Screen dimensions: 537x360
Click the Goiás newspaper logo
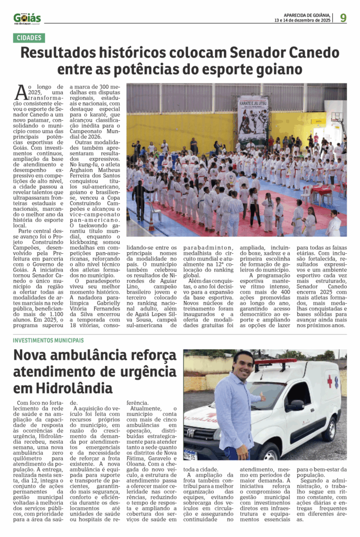[27, 18]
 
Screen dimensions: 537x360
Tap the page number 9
[343, 18]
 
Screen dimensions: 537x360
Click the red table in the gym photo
[322, 191]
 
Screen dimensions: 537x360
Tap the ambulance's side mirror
[294, 405]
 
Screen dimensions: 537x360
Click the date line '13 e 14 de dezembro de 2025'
[302, 20]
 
